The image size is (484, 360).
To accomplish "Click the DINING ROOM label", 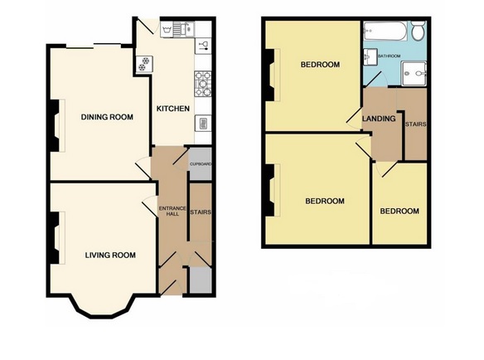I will coord(107,117).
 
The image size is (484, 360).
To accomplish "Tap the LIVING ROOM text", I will coord(110,255).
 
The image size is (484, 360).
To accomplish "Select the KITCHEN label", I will coord(173,109).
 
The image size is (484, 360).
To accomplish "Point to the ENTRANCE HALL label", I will coord(169,211).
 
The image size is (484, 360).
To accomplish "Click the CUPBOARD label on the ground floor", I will coord(201,164).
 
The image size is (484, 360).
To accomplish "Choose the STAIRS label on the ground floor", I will coord(200,212).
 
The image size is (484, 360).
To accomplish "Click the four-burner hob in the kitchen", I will coord(201,81).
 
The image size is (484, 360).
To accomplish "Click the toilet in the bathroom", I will coord(419,32).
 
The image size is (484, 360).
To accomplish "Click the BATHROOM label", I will coord(390,56).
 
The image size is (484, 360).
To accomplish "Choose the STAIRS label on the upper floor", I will coord(414,125).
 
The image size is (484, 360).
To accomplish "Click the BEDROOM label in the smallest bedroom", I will coord(399,212).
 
